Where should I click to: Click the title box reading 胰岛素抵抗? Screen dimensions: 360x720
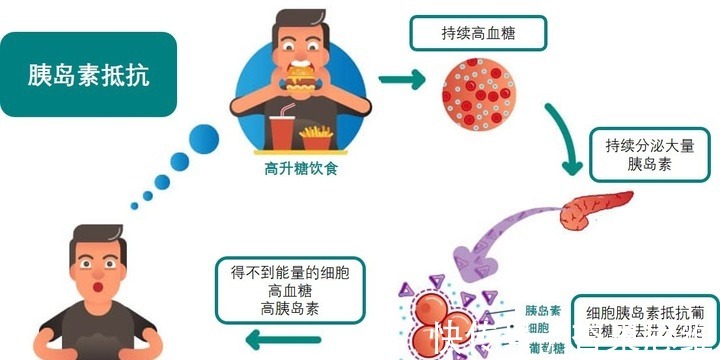89,74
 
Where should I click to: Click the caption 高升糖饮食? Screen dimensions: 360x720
293,169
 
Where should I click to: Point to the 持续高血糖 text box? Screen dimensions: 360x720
479,33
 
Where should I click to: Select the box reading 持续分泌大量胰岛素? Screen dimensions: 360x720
649,154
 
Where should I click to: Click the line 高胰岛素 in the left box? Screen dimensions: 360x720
289,309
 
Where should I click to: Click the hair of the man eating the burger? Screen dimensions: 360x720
298,22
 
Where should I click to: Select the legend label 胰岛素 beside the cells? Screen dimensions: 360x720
541,311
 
